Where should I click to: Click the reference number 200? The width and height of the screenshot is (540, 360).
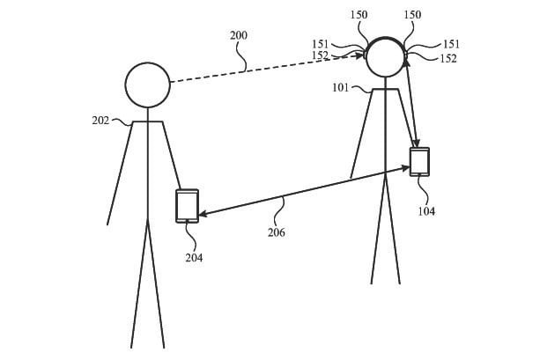click(238, 36)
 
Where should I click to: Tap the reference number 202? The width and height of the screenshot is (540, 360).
click(100, 121)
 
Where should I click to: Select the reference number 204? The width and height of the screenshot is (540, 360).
click(194, 258)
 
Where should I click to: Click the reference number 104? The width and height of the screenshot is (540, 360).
click(425, 211)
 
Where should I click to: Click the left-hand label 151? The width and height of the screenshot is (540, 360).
click(322, 44)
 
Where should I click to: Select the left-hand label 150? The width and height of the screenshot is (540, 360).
click(359, 16)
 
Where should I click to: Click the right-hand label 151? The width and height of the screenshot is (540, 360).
click(450, 44)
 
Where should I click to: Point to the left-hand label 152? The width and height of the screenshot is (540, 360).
click(321, 55)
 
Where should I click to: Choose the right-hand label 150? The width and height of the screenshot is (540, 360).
click(412, 16)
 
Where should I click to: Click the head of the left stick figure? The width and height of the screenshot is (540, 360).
click(147, 85)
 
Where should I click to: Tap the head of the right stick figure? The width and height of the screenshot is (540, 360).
click(386, 57)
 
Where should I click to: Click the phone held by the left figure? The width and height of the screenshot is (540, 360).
click(187, 206)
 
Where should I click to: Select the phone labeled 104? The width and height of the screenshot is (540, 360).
click(419, 162)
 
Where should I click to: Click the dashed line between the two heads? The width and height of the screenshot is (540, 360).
click(264, 69)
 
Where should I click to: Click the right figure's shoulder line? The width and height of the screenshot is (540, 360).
click(386, 89)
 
